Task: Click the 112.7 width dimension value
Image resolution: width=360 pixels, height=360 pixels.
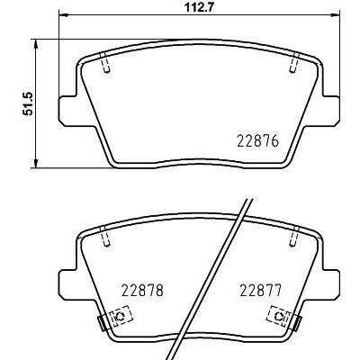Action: (199, 7)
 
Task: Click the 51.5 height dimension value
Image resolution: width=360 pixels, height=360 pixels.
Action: (29, 103)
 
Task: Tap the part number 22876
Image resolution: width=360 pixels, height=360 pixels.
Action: (258, 140)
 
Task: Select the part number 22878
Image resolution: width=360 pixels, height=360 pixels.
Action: (142, 290)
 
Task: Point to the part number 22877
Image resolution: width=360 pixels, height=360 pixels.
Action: (261, 290)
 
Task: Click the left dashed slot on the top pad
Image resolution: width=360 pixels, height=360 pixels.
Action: (105, 62)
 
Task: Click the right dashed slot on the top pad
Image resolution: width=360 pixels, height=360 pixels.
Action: (294, 62)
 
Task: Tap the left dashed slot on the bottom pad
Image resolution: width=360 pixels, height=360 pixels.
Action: (105, 236)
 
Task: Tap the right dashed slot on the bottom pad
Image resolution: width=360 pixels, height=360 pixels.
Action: (294, 236)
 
